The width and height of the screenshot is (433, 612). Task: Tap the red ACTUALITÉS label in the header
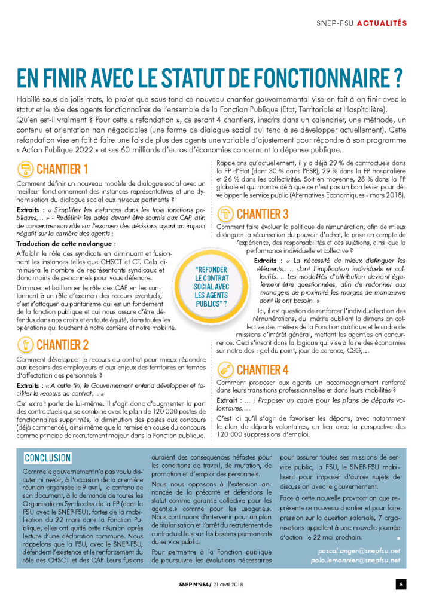click(382, 23)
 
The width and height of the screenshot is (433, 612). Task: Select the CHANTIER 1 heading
click(62, 169)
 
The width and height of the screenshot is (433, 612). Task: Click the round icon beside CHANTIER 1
click(25, 169)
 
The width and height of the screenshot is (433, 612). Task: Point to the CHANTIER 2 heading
click(62, 344)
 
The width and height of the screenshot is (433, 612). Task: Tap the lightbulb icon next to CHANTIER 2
click(25, 344)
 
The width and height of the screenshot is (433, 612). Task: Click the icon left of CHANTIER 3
click(225, 213)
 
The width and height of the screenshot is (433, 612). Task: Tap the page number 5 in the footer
click(402, 584)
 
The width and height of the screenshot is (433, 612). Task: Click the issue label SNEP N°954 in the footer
click(180, 584)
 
